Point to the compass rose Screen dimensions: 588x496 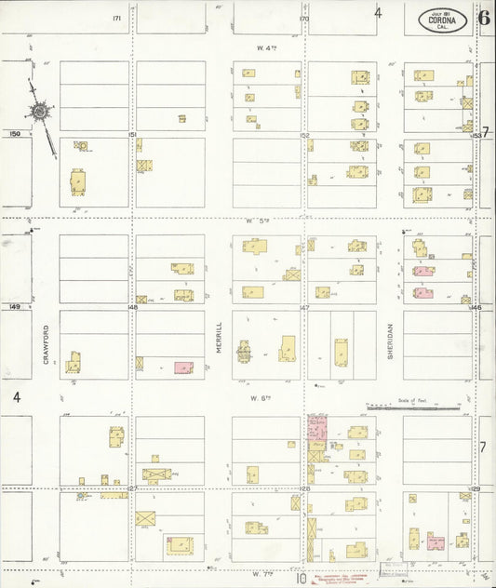pyautogui.click(x=41, y=113)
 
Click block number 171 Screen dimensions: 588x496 pyautogui.click(x=117, y=18)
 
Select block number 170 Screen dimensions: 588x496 pyautogui.click(x=303, y=18)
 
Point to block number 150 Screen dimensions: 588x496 pyautogui.click(x=14, y=134)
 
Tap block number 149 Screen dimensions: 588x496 pyautogui.click(x=14, y=306)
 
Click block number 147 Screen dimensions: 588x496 pyautogui.click(x=304, y=307)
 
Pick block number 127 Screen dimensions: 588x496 pyautogui.click(x=132, y=488)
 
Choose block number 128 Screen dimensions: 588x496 pyautogui.click(x=304, y=488)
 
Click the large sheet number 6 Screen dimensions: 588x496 pyautogui.click(x=485, y=16)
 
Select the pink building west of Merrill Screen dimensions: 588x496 pyautogui.click(x=183, y=367)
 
